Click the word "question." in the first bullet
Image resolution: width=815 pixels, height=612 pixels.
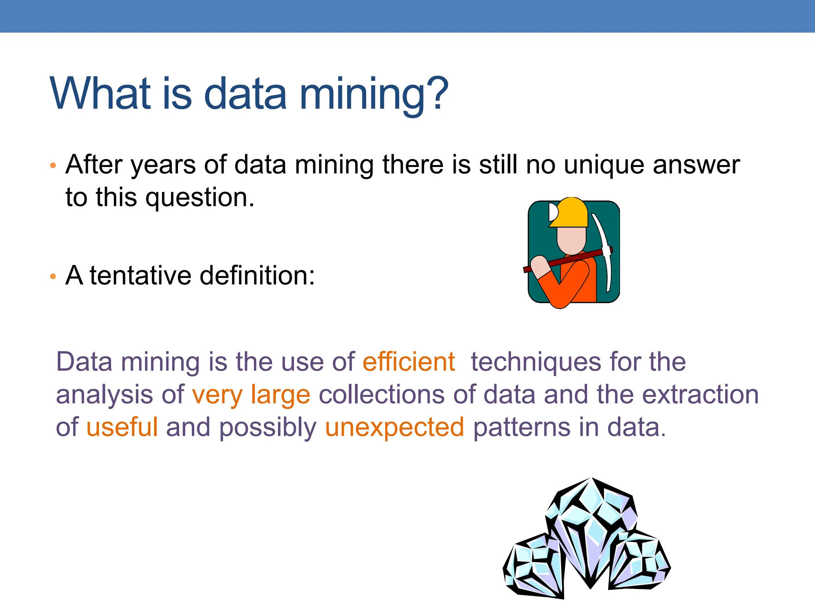[200, 198]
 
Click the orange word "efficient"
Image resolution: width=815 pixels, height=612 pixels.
[408, 362]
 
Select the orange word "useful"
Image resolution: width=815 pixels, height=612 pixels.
[122, 427]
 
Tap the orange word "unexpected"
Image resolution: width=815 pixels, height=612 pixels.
[394, 427]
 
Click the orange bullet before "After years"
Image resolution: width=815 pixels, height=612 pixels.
[53, 165]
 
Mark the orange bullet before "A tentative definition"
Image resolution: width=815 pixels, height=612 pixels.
[53, 276]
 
